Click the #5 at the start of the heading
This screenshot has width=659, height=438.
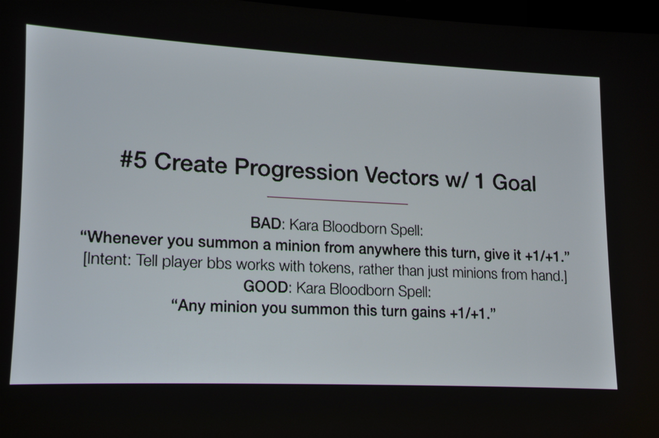tap(133, 161)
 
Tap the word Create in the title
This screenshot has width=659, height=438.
tap(190, 164)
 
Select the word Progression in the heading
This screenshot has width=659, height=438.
tap(296, 172)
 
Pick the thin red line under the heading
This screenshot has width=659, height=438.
tap(337, 200)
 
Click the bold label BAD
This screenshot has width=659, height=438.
tap(266, 224)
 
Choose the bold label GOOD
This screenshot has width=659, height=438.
tap(265, 287)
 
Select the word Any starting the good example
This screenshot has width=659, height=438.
tap(189, 306)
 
